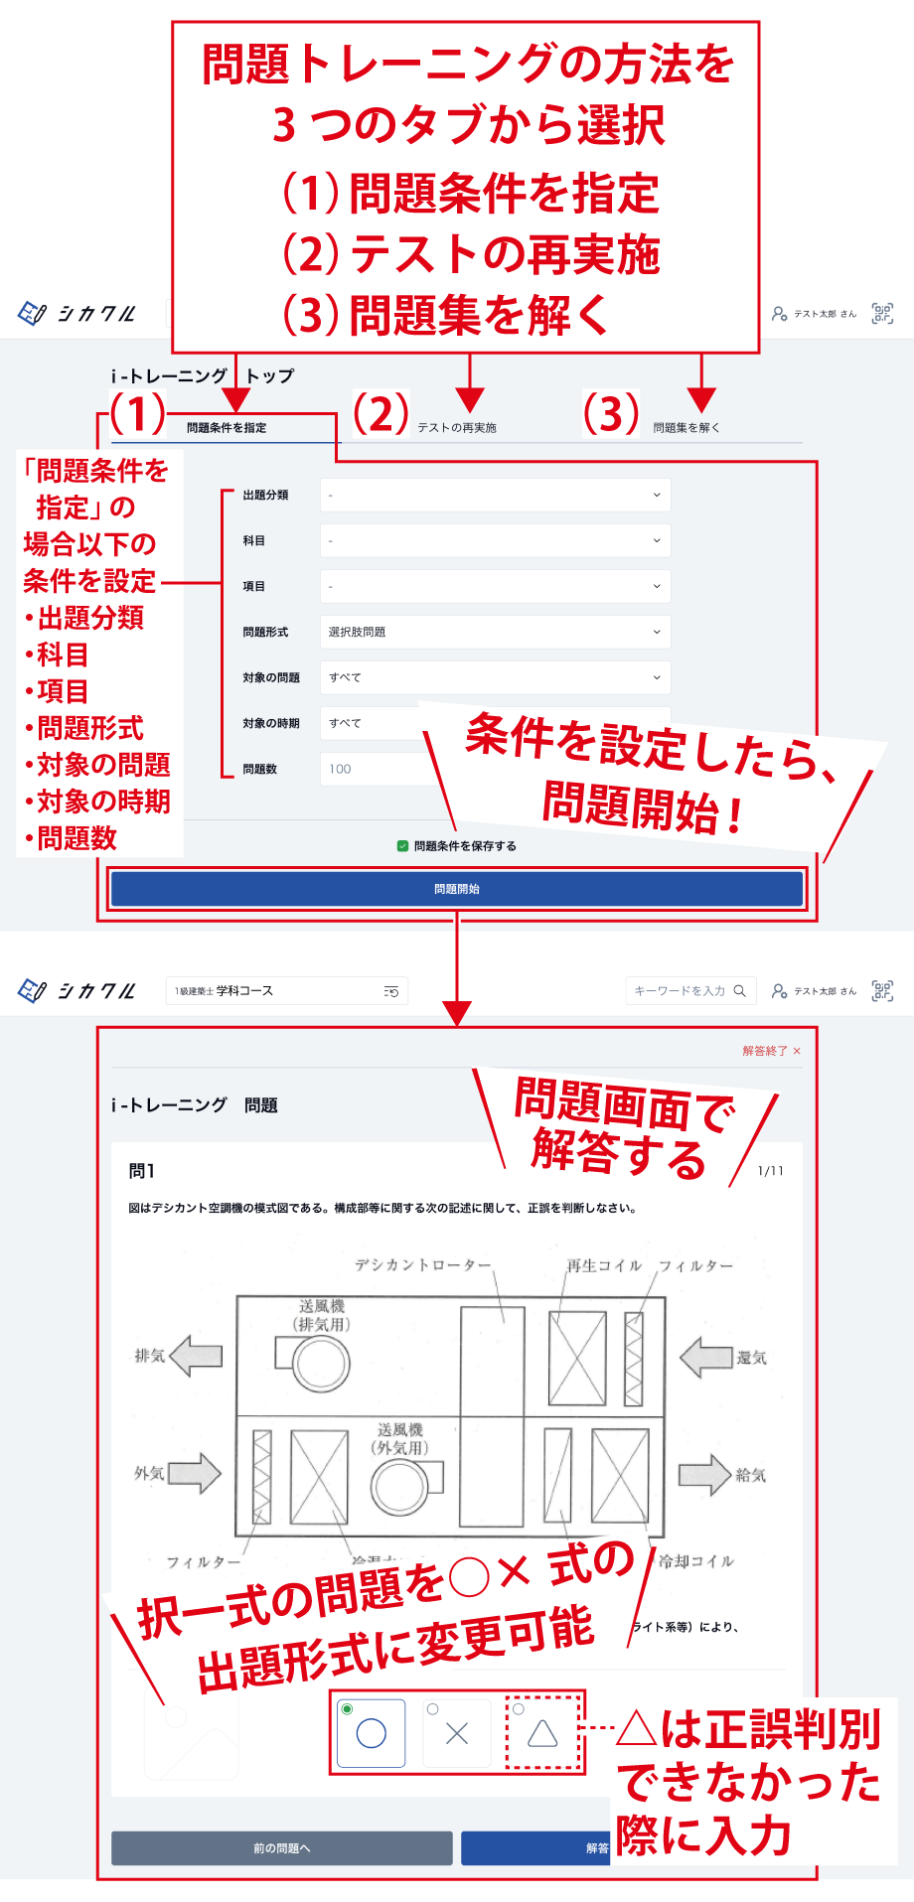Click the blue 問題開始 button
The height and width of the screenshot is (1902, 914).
pyautogui.click(x=456, y=889)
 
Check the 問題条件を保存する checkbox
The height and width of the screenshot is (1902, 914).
pyautogui.click(x=402, y=846)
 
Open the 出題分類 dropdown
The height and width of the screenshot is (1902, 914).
pyautogui.click(x=495, y=495)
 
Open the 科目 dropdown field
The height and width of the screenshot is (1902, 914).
pyautogui.click(x=495, y=540)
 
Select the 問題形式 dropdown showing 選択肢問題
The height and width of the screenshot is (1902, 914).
pyautogui.click(x=495, y=632)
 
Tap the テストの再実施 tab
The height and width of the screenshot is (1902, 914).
pyautogui.click(x=456, y=428)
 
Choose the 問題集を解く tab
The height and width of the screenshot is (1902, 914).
pyautogui.click(x=685, y=428)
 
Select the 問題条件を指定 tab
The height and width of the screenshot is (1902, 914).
pyautogui.click(x=227, y=428)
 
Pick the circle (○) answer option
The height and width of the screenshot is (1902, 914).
pyautogui.click(x=371, y=1733)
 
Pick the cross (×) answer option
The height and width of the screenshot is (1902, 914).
pyautogui.click(x=457, y=1733)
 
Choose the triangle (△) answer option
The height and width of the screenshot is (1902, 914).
pyautogui.click(x=542, y=1733)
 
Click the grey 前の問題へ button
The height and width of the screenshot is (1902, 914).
pyautogui.click(x=281, y=1848)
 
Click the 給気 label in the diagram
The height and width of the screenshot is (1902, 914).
pyautogui.click(x=750, y=1476)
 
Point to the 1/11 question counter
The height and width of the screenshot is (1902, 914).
pyautogui.click(x=770, y=1171)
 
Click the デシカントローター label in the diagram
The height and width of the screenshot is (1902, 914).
pyautogui.click(x=423, y=1265)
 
